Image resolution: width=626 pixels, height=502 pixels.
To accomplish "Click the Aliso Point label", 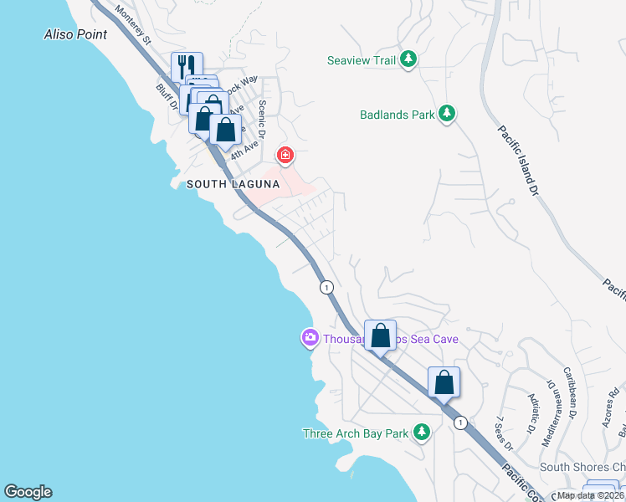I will [x=75, y=34].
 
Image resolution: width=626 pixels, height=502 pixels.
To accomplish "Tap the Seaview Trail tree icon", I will [x=408, y=59].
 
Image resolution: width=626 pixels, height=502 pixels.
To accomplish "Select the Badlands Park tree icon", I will [x=446, y=114].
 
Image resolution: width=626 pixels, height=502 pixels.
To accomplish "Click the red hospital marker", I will [x=285, y=156].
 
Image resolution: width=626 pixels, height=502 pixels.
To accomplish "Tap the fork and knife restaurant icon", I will [x=187, y=66].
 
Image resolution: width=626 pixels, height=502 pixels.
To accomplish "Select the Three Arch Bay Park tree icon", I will [x=422, y=433].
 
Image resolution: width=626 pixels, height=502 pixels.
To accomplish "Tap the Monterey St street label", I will [x=131, y=25].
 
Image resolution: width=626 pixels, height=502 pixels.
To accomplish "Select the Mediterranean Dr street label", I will [x=557, y=410].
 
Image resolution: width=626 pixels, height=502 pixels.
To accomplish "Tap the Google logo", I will [x=28, y=492].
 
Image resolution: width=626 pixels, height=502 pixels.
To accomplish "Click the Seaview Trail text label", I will [x=360, y=59].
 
